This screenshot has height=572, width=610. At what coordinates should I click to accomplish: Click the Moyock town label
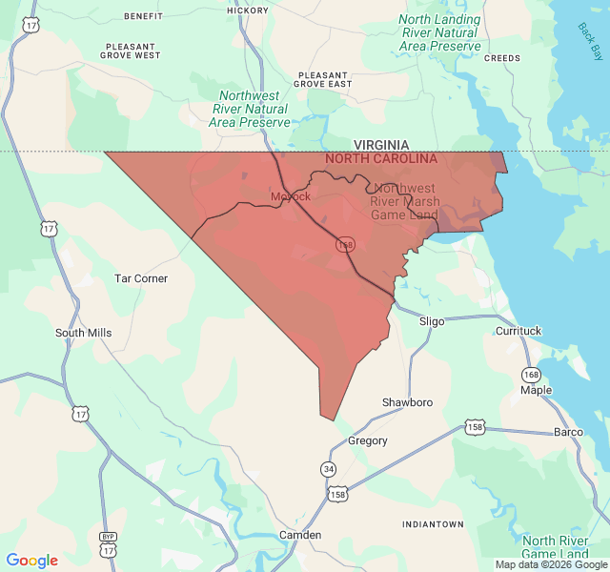click(290, 196)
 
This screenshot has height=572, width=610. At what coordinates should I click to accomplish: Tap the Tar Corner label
click(141, 278)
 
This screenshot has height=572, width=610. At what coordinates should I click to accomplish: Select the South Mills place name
click(83, 333)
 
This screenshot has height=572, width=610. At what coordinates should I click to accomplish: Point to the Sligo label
click(432, 321)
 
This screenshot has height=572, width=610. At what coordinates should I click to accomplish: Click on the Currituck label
click(518, 331)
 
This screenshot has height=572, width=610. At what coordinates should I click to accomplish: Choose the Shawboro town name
click(407, 402)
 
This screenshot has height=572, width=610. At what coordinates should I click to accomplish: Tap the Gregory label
click(368, 440)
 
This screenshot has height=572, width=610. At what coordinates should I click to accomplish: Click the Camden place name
click(300, 535)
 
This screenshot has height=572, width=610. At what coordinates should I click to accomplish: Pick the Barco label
click(568, 432)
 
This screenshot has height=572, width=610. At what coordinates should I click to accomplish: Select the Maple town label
click(536, 390)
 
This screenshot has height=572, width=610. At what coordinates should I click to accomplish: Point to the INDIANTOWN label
click(433, 524)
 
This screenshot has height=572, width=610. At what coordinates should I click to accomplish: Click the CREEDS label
click(502, 58)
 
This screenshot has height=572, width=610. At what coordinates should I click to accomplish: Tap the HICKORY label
click(248, 10)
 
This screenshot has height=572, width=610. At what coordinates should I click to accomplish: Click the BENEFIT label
click(143, 16)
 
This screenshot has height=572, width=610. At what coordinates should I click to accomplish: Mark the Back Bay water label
click(590, 39)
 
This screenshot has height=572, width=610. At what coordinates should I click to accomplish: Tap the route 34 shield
click(329, 469)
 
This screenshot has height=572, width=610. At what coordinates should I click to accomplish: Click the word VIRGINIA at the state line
click(381, 145)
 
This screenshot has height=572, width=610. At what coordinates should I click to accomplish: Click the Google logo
click(32, 561)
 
